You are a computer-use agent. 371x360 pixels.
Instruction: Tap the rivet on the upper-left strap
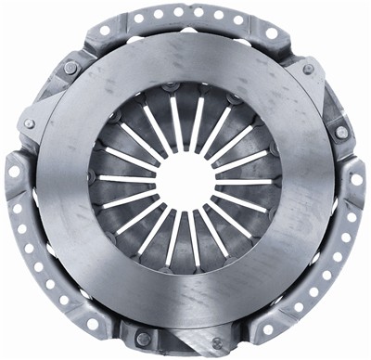pyautogui.click(x=70, y=67)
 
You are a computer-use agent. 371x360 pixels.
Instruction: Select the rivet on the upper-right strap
pyautogui.click(x=308, y=70)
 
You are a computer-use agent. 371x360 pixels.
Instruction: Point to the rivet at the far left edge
pyautogui.click(x=30, y=124)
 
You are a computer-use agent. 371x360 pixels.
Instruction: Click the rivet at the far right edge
pyautogui.click(x=341, y=132)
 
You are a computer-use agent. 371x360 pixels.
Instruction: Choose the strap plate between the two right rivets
pyautogui.click(x=326, y=100)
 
